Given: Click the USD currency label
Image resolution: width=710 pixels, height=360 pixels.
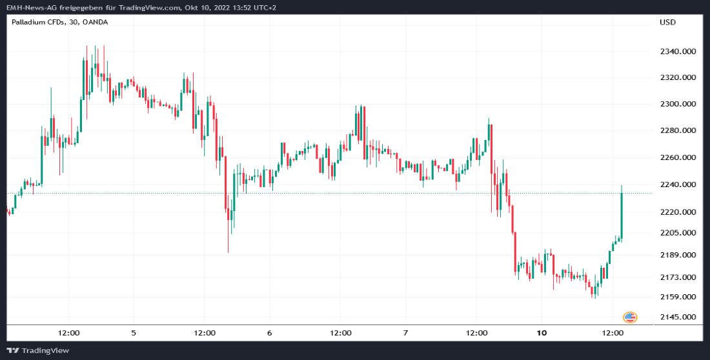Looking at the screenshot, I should (667, 23).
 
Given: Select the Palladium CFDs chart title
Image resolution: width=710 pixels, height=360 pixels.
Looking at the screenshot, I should (37, 23).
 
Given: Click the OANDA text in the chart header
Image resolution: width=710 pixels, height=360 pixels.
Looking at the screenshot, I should (95, 23).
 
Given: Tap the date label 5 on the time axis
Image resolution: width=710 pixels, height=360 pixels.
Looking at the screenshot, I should (134, 333).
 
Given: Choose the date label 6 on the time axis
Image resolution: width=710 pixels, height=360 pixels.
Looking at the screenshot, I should (270, 333).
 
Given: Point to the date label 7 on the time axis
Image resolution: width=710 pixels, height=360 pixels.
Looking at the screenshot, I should (405, 333).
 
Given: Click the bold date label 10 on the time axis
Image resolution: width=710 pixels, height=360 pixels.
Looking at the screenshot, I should (542, 333).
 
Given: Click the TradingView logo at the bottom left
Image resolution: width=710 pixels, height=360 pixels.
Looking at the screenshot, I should (39, 350).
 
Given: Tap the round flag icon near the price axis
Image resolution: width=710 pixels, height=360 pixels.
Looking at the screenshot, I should (630, 317).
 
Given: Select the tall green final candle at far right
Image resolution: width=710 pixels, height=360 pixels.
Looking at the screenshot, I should (622, 213).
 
